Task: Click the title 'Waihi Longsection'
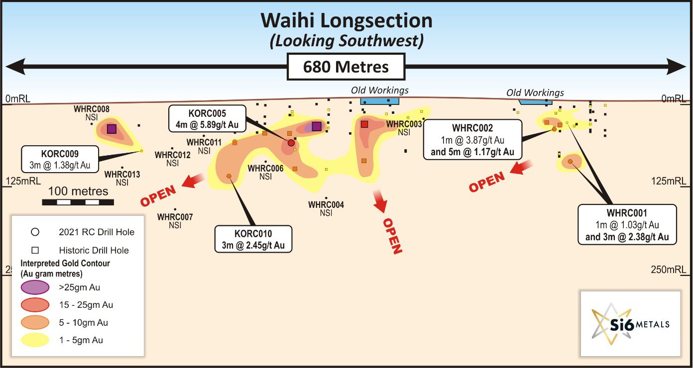[x=346, y=21]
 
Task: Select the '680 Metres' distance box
[x=346, y=66]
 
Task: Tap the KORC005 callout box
[x=207, y=118]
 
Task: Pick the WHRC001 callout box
[x=627, y=224]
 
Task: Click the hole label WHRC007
[x=175, y=217]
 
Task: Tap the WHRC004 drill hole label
[x=326, y=204]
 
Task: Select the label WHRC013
[x=122, y=175]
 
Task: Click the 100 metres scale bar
[x=78, y=202]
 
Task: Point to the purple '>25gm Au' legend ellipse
[x=34, y=287]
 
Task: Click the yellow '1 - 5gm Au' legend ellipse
[x=34, y=340]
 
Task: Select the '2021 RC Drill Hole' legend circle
[x=35, y=232]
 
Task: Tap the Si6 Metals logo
[x=630, y=323]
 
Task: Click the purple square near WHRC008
[x=112, y=129]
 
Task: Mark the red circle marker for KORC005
[x=291, y=143]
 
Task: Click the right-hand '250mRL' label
[x=668, y=270]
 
